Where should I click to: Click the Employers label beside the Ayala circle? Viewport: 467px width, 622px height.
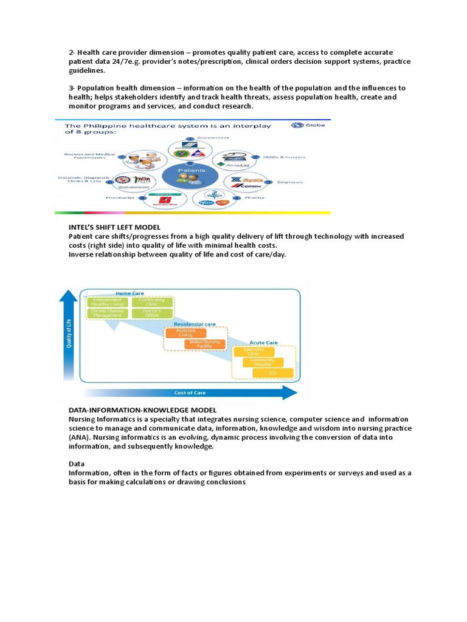tap(290, 182)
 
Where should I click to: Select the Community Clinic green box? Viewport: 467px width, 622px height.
tap(151, 302)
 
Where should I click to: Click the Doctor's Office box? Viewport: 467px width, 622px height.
tap(151, 313)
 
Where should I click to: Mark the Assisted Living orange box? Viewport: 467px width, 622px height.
tap(185, 333)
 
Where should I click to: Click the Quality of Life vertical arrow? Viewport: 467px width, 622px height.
tap(69, 334)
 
